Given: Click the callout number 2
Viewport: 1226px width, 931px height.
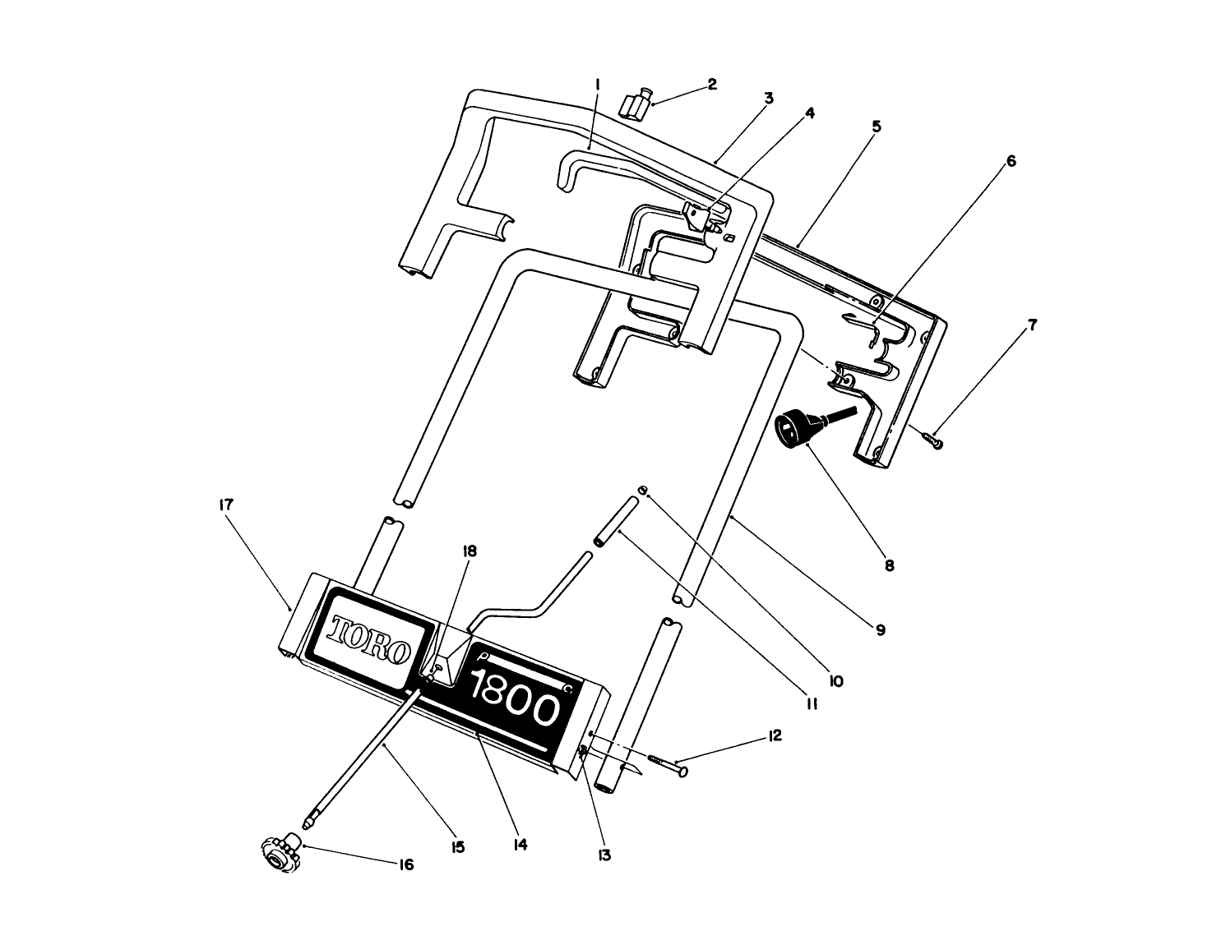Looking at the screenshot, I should point(712,84).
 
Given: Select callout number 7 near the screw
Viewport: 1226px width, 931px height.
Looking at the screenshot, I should point(1032,325).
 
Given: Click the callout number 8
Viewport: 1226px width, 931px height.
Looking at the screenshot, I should point(889,565).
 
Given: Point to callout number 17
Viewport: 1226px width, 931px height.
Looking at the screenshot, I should point(225,505).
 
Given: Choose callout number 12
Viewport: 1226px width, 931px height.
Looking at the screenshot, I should point(775,735).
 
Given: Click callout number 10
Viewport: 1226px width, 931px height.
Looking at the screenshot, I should point(836,681).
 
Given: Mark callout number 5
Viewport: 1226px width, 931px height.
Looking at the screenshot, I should point(876,127).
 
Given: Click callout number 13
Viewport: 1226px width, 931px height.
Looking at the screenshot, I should point(604,855).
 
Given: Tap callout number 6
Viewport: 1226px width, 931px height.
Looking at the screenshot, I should point(1011,161).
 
